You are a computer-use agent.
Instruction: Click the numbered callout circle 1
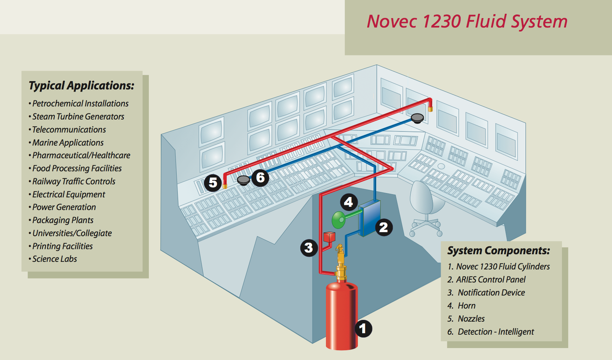point(363,328)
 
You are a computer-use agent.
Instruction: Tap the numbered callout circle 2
point(384,227)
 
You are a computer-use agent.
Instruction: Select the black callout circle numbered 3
point(309,248)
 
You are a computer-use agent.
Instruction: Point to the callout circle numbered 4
point(348,202)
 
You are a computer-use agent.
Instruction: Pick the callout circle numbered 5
point(213,182)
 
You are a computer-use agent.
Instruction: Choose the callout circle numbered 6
point(260,178)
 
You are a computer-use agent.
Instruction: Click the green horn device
point(339,220)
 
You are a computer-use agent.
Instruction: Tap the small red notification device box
point(329,237)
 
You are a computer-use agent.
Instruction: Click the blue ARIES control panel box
point(369,218)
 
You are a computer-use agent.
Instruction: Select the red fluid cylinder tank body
point(342,316)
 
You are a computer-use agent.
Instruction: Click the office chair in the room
point(425,208)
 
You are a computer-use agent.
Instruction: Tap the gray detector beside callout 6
point(243,181)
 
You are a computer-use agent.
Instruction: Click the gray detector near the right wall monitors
point(417,118)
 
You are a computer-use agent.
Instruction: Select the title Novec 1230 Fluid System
point(467,21)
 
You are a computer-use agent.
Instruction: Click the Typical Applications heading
point(81,86)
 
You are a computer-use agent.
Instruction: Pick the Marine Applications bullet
point(66,142)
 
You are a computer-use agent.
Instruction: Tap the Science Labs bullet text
point(53,259)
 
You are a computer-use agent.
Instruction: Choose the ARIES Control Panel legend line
point(486,279)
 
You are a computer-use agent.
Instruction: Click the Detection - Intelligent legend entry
point(490,332)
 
